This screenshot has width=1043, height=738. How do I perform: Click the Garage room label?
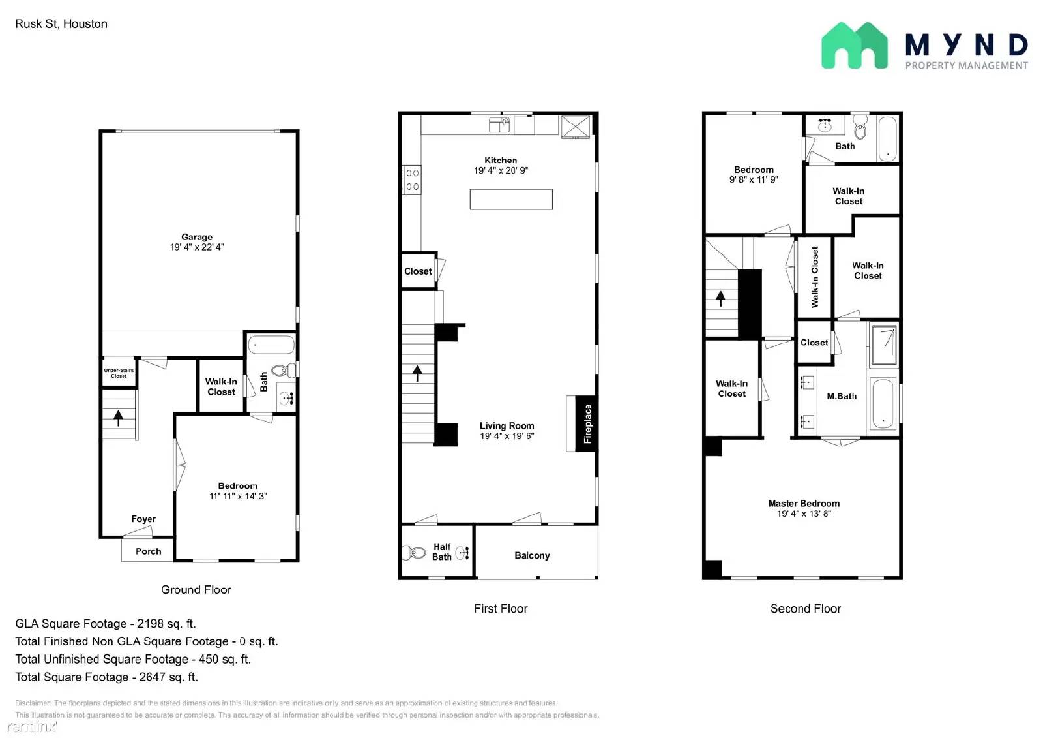[x=197, y=237]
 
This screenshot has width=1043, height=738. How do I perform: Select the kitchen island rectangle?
[x=511, y=199]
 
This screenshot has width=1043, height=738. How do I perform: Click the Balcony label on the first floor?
[x=532, y=555]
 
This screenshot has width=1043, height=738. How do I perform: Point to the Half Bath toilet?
[x=414, y=553]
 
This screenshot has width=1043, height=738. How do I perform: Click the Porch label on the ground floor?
[x=148, y=551]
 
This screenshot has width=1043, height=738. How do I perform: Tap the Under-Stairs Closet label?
[x=119, y=373]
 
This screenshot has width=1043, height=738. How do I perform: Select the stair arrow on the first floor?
[x=417, y=373]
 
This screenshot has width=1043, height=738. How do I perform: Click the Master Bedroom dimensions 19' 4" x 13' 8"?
[x=803, y=514]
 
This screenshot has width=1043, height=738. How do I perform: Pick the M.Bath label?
[x=842, y=396]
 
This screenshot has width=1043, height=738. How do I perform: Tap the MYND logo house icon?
[x=854, y=46]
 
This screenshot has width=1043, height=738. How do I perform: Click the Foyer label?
[x=143, y=519]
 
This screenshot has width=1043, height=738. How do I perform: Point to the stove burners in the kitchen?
[x=412, y=179]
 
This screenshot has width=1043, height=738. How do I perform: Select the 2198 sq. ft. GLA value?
[x=166, y=624]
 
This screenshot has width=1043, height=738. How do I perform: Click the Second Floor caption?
[x=805, y=609]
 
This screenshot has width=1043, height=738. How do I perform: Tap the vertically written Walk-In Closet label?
[x=814, y=277]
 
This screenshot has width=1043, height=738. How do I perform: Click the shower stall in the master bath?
[x=884, y=345]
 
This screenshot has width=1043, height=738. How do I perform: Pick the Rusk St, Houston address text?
[x=61, y=24]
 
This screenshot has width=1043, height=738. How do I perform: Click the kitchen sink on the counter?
[x=499, y=125]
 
